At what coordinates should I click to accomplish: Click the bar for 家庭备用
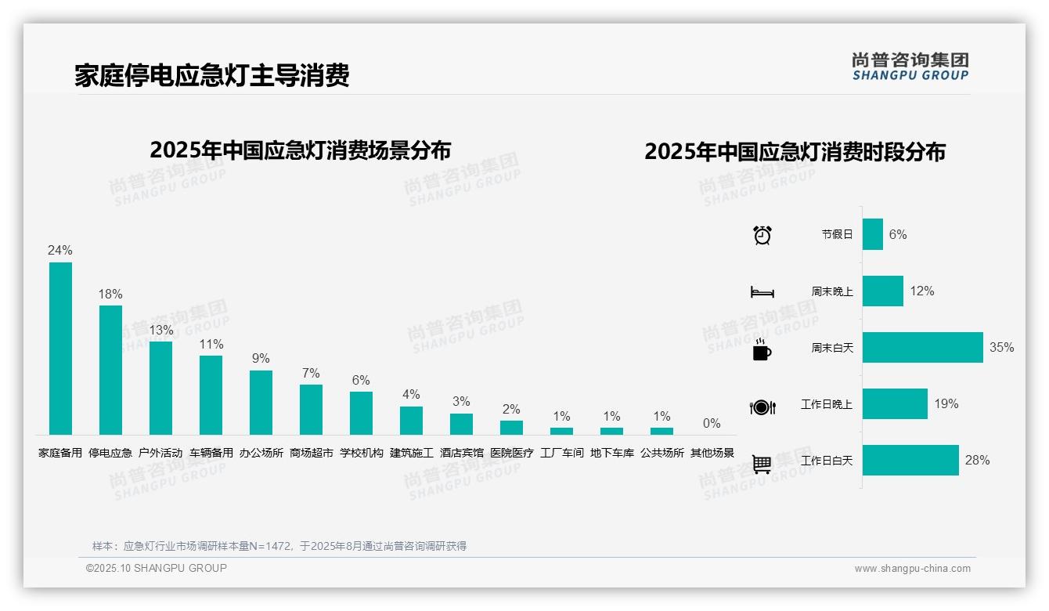point(60,349)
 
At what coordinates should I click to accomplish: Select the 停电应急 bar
point(110,370)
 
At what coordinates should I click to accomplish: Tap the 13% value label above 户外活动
point(160,330)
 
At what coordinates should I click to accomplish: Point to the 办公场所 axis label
point(261,453)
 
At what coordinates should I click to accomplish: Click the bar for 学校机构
point(361,413)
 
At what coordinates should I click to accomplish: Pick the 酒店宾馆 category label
point(461,453)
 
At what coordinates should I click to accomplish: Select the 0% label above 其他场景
point(712,424)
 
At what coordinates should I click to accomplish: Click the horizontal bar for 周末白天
point(922,347)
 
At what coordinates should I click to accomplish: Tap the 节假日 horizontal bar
point(872,234)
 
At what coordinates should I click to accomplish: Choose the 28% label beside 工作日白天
point(977,460)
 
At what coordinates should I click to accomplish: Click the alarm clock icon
point(762,234)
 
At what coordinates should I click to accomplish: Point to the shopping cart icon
point(762,464)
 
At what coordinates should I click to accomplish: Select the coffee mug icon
point(762,349)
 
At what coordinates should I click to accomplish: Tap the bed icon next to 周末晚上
point(762,292)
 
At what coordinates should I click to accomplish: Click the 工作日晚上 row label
point(826,404)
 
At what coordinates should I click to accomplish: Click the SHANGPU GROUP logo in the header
point(910,67)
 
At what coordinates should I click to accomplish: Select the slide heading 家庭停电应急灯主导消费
point(211,75)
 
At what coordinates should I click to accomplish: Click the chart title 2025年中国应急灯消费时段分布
point(795,152)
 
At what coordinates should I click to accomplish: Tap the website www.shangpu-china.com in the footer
point(912,569)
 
